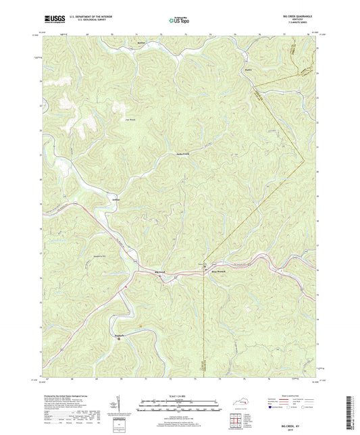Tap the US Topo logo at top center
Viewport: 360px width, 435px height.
[180, 22]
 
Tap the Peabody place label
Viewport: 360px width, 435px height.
[120, 336]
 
